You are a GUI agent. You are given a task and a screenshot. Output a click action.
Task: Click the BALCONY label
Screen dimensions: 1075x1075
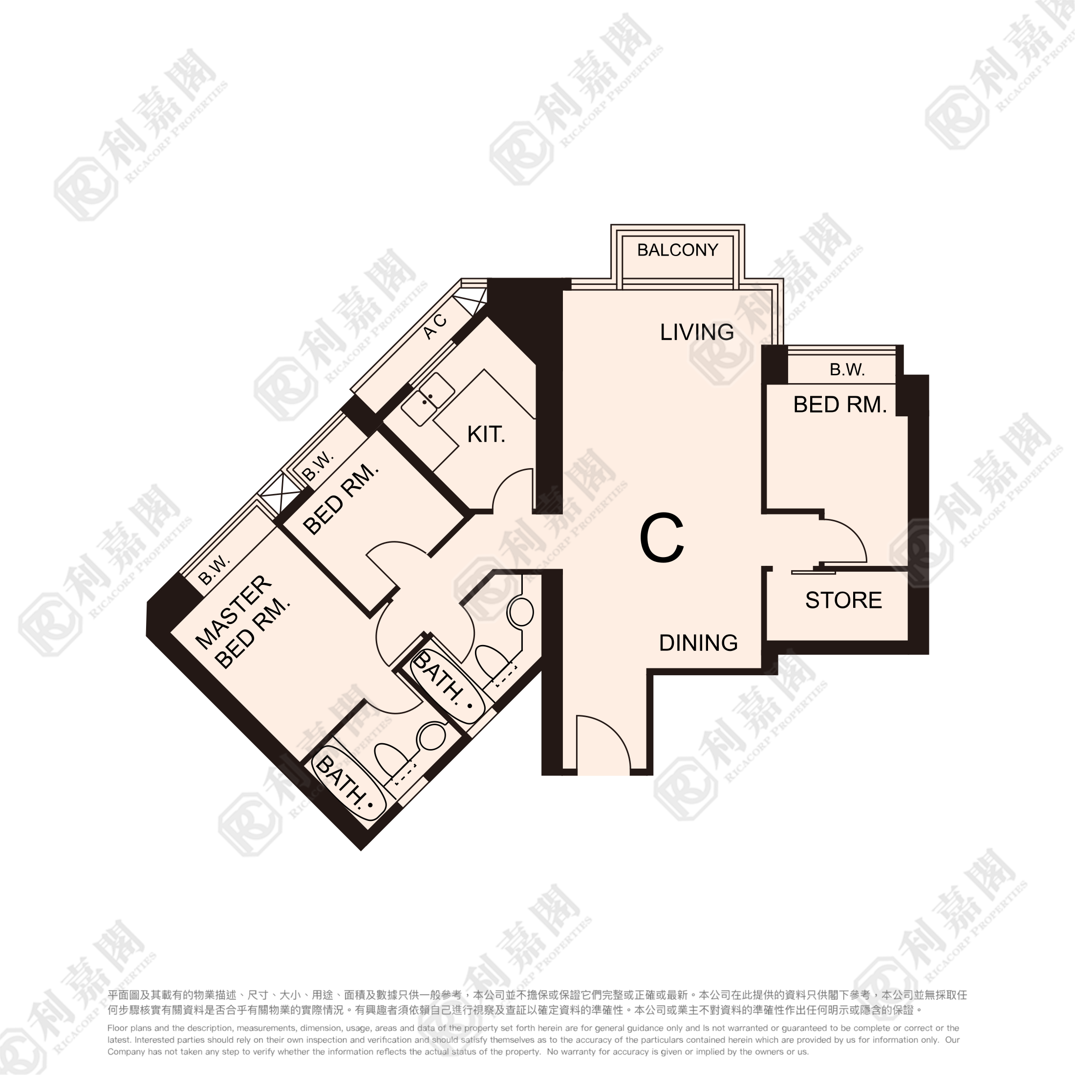677,250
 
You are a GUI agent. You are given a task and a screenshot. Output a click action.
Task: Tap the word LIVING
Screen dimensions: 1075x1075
697,332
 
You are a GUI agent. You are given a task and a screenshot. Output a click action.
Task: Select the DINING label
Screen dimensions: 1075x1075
698,643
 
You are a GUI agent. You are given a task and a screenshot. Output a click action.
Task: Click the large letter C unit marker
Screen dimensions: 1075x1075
662,538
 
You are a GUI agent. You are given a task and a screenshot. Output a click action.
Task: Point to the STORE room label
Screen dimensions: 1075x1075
843,600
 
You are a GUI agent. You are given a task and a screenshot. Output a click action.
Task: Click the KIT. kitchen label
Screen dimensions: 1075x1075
486,434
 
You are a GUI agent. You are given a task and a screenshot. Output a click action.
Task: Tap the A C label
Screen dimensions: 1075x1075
434,326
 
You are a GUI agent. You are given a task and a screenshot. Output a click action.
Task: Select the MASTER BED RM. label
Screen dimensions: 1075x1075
243,622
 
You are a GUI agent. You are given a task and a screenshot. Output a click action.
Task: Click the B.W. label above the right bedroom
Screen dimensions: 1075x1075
847,369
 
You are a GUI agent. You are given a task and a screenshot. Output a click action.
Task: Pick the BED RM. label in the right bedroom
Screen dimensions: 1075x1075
839,405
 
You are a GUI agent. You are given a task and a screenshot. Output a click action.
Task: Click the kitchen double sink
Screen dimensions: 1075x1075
428,399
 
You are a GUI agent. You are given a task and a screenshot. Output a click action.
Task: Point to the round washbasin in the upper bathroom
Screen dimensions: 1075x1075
520,613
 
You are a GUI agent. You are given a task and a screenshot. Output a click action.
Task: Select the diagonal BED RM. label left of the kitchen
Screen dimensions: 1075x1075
341,499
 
